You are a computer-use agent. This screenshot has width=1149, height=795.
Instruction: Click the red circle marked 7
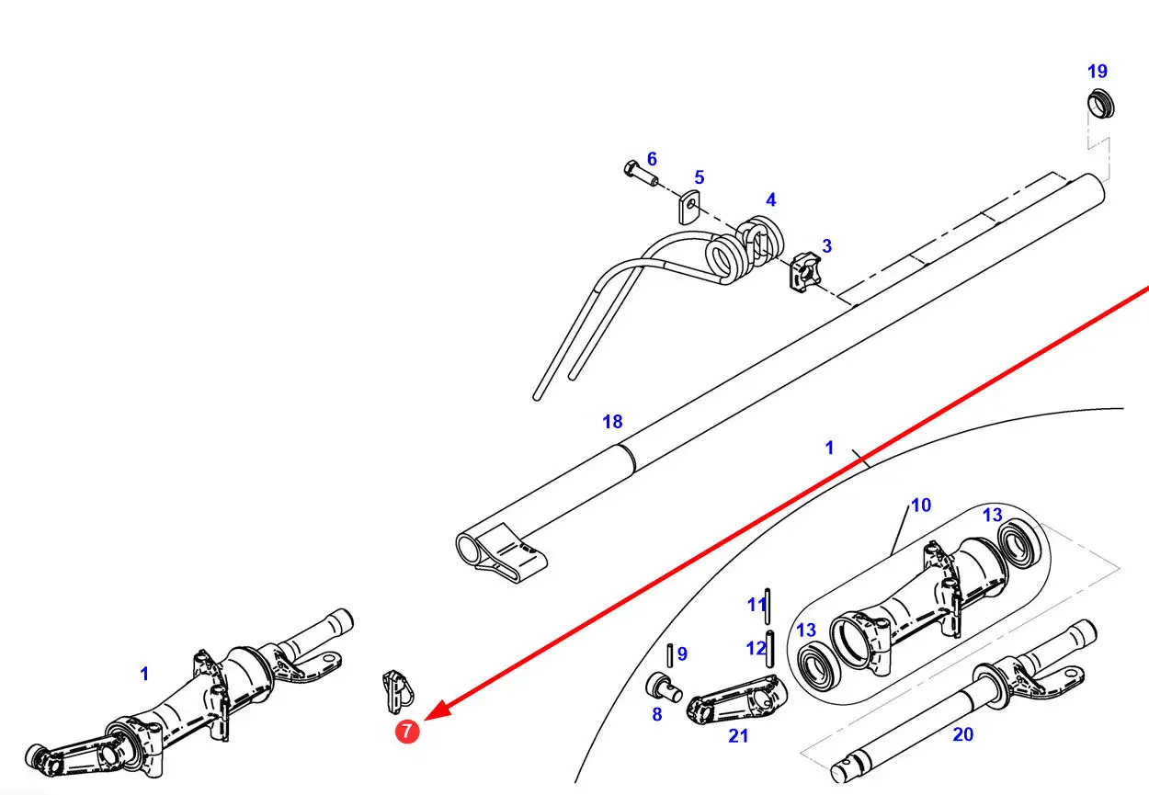(407, 732)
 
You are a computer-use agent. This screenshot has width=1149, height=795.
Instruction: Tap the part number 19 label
(1098, 72)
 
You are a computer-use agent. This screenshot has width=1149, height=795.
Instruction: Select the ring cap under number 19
(1101, 105)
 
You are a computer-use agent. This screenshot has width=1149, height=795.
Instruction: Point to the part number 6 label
(652, 159)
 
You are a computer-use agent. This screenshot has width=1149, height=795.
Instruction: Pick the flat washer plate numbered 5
(690, 207)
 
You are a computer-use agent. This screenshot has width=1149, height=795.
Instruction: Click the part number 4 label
(771, 200)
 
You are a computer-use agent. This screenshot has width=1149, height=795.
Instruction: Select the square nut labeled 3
(804, 272)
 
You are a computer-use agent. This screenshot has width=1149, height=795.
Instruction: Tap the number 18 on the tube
(612, 422)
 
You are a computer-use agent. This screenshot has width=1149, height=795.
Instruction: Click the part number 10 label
(921, 505)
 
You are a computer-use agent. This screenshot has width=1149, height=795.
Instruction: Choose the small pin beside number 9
(670, 655)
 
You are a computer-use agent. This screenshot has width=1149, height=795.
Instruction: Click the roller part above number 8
(664, 687)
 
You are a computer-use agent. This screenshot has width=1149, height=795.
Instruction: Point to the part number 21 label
(738, 736)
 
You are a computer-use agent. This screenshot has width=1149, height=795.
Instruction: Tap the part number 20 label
(962, 734)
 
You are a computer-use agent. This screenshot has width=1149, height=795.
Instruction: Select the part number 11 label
(757, 606)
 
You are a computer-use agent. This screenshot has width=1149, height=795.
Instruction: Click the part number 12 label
(757, 648)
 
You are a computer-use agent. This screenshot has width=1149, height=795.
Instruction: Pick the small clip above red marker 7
(398, 691)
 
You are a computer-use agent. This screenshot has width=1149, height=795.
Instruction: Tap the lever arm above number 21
(736, 700)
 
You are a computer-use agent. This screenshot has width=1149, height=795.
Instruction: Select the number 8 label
(657, 714)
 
